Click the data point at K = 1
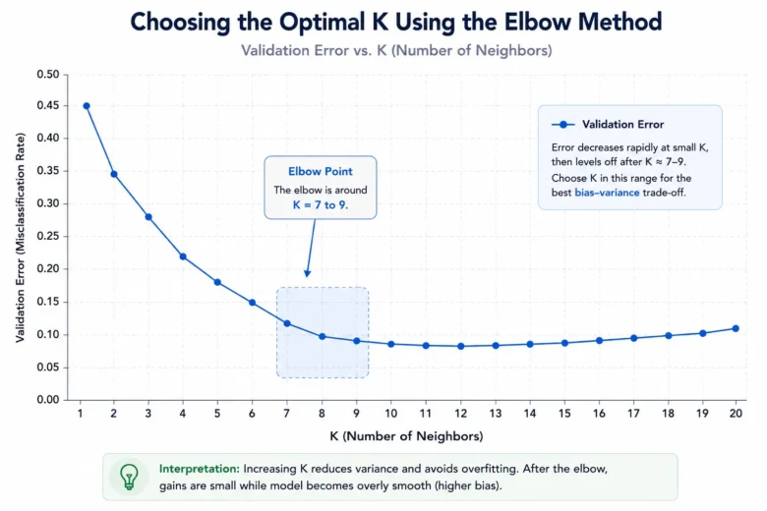[x=87, y=105]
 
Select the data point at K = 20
[x=736, y=328]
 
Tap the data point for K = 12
[x=461, y=346]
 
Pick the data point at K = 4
[x=183, y=256]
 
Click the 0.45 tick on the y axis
[x=48, y=105]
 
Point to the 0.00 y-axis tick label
[x=48, y=400]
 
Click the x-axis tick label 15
[x=564, y=414]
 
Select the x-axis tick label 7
[x=287, y=414]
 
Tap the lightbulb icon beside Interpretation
[x=129, y=477]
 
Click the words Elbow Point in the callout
[x=321, y=172]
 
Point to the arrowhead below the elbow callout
[x=307, y=273]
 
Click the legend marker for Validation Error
[x=563, y=125]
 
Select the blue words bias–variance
[x=607, y=193]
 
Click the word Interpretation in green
[x=199, y=469]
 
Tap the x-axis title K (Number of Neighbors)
[x=406, y=436]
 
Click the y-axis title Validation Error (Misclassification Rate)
[x=20, y=238]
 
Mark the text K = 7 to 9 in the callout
[x=320, y=204]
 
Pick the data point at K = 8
[x=322, y=336]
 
